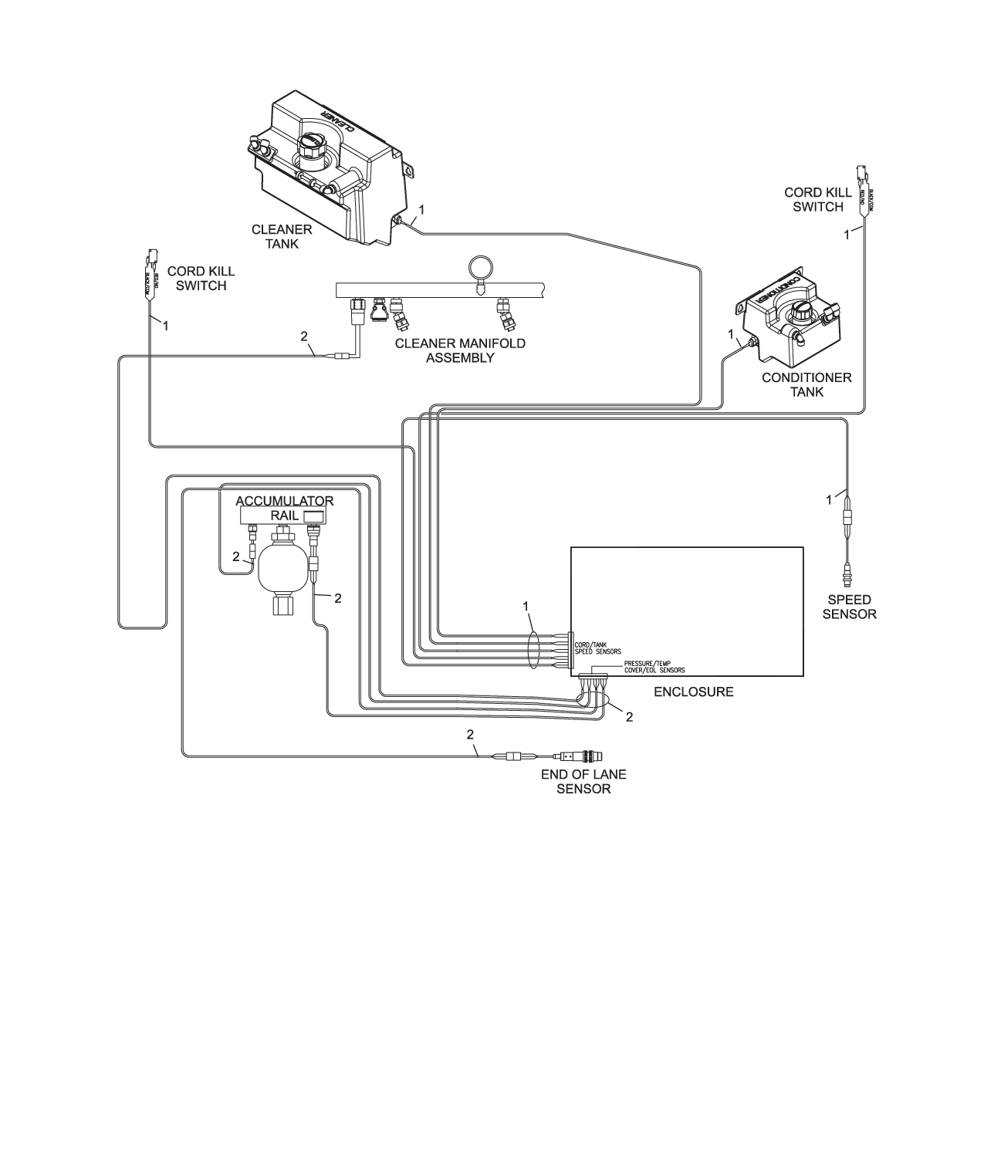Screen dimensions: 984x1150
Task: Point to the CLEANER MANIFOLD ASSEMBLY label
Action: [x=460, y=350]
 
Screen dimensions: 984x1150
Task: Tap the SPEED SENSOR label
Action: [x=849, y=607]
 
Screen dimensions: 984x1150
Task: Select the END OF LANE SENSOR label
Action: [x=583, y=781]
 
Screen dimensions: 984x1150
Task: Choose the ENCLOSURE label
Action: [x=693, y=692]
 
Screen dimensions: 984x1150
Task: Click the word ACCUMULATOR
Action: [x=285, y=501]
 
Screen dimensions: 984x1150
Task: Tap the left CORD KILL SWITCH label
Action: [x=201, y=279]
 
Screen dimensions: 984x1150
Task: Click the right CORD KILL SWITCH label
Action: [x=817, y=199]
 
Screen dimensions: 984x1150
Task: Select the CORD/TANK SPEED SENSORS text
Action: [x=598, y=647]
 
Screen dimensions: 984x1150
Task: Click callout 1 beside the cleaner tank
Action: [x=421, y=209]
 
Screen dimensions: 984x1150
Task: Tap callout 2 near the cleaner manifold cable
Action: [x=304, y=337]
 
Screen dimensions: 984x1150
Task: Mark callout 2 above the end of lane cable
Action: [x=470, y=734]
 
